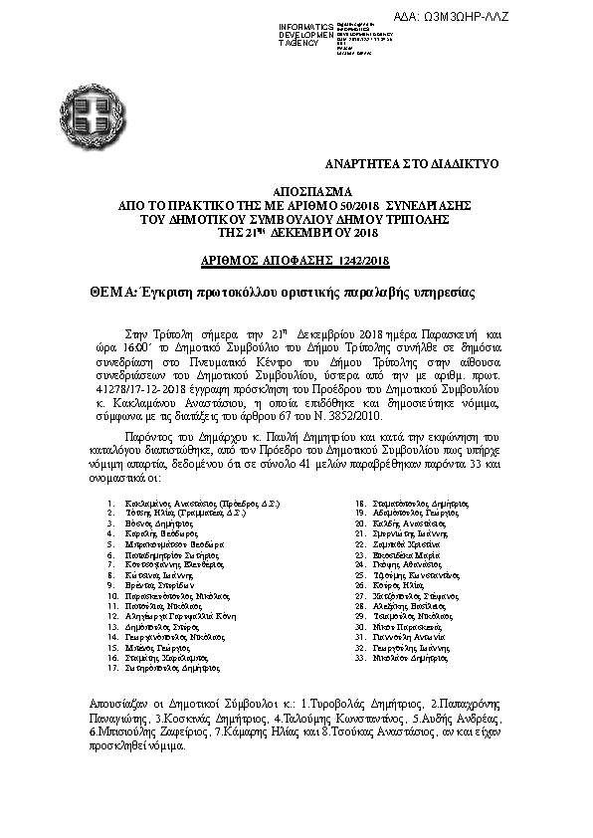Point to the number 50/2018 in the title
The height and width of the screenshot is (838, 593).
coord(352,203)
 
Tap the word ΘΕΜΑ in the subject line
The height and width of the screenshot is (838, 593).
coord(109,294)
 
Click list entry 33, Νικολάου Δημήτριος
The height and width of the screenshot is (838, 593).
coord(410,658)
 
